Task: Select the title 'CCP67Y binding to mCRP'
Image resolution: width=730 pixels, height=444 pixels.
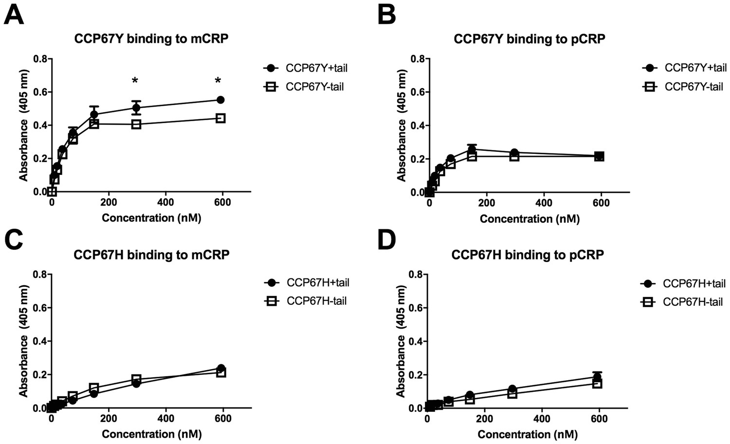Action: point(151,39)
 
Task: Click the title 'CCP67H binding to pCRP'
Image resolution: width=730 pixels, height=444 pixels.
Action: point(528,255)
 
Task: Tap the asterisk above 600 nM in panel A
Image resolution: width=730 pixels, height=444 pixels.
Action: point(218,80)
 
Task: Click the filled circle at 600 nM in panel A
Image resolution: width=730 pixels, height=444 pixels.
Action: point(220,100)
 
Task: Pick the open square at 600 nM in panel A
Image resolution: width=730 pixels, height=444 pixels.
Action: point(220,118)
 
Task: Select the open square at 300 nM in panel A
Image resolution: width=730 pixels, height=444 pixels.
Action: point(136,124)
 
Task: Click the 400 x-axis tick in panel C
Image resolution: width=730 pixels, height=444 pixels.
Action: point(166,419)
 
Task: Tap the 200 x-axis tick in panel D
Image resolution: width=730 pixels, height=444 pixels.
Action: point(485,419)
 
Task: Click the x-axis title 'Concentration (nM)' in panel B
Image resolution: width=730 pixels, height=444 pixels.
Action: point(529,219)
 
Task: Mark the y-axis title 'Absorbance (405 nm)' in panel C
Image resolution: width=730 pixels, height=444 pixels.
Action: point(23,341)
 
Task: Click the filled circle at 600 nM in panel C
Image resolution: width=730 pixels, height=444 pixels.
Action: point(221,368)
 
